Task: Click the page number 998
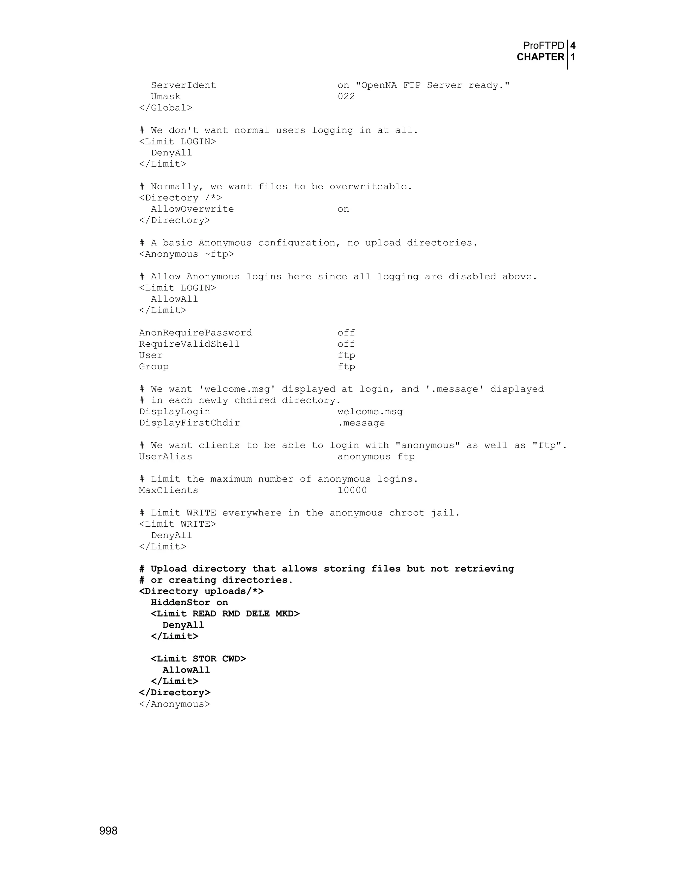coord(108,831)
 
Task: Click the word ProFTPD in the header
coord(543,46)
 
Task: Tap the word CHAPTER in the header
coord(540,57)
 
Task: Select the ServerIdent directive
coord(183,85)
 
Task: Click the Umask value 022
coord(346,96)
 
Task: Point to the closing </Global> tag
coord(165,108)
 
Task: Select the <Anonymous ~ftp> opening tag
coord(186,254)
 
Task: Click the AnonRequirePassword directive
coord(195,333)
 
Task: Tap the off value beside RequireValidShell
coord(346,344)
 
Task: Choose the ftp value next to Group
coord(346,366)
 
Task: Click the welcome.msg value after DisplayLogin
coord(370,412)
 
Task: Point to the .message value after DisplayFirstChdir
coord(361,423)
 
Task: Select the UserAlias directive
coord(165,456)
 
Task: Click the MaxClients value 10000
coord(352,490)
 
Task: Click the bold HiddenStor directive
coord(180,603)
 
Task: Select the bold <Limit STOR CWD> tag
coord(198,659)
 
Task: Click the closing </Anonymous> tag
coord(174,704)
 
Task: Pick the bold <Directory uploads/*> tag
coord(201,591)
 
